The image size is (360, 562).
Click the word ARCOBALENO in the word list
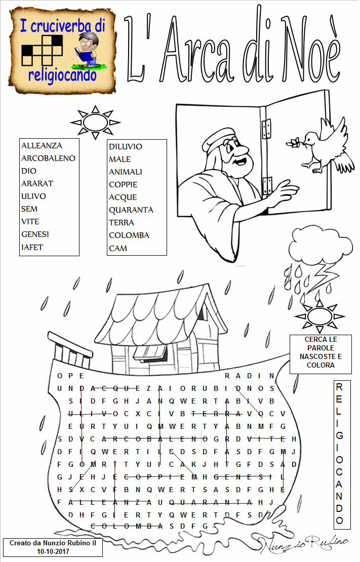click(x=48, y=158)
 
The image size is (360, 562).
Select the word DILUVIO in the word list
click(x=126, y=147)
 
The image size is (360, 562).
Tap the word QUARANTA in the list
click(x=131, y=210)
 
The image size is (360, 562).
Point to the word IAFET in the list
click(x=32, y=247)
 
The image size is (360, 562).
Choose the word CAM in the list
click(x=118, y=248)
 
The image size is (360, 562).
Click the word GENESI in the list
click(x=35, y=234)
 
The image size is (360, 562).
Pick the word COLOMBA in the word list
click(x=129, y=235)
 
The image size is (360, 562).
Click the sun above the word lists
click(x=95, y=122)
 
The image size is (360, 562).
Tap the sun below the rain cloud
click(x=319, y=316)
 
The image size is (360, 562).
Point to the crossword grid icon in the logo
click(x=42, y=50)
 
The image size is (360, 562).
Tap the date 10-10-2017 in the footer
click(x=53, y=551)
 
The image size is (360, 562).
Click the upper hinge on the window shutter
click(x=266, y=130)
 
